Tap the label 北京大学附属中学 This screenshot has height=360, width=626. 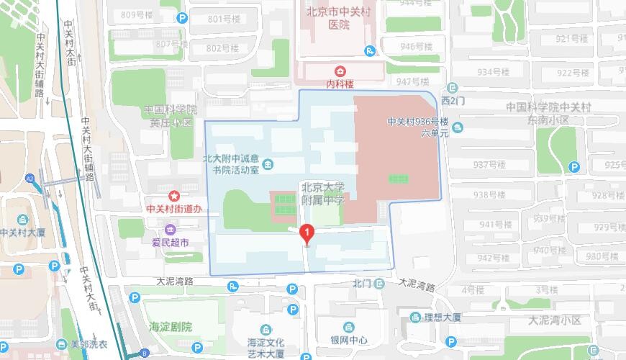pyautogui.click(x=323, y=193)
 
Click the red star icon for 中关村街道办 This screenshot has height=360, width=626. pyautogui.click(x=173, y=196)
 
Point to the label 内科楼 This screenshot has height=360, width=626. pyautogui.click(x=340, y=84)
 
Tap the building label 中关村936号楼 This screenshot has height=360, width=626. pyautogui.click(x=417, y=122)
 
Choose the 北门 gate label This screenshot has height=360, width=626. pyautogui.click(x=361, y=284)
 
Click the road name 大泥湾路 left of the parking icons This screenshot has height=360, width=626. pyautogui.click(x=175, y=281)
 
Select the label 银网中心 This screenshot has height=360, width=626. pyautogui.click(x=350, y=341)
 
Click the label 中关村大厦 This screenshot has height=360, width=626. pyautogui.click(x=23, y=233)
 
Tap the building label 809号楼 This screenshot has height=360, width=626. pyautogui.click(x=137, y=15)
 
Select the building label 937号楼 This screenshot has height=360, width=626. pyautogui.click(x=489, y=165)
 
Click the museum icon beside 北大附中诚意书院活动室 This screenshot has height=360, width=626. pyautogui.click(x=268, y=165)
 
